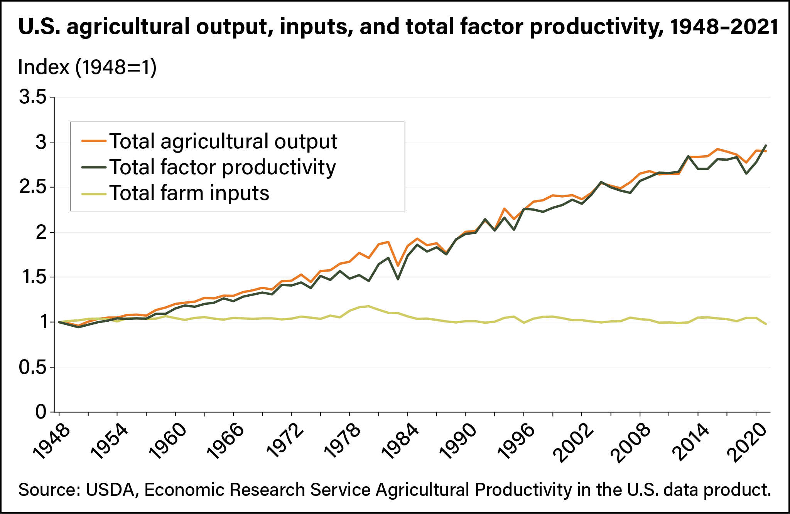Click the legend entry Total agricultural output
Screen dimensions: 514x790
pos(223,141)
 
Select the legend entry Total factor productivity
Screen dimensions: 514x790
pos(222,167)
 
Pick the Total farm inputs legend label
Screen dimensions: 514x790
pos(189,193)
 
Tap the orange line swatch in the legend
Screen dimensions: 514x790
pos(94,141)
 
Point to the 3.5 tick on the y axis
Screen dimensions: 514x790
pos(32,97)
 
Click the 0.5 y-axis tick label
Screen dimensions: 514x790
pos(32,368)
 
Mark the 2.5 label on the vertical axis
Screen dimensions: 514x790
pos(32,188)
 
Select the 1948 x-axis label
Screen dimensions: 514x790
pos(52,443)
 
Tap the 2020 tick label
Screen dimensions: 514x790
pos(748,443)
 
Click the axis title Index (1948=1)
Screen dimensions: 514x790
pos(87,67)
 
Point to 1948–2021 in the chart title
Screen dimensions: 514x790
pos(724,27)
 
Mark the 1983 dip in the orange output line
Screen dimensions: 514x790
pos(398,266)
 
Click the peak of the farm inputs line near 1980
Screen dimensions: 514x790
pos(369,306)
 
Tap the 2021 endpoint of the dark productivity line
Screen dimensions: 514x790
pos(766,146)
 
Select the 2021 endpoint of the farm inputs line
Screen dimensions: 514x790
pos(766,324)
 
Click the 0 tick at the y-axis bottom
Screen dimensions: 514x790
pos(41,412)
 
